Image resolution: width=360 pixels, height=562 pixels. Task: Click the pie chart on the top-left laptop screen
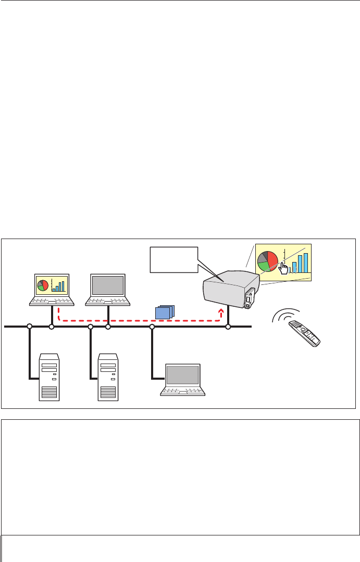click(43, 285)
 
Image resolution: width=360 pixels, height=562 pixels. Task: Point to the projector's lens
click(249, 302)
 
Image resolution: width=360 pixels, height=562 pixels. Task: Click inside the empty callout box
click(172, 259)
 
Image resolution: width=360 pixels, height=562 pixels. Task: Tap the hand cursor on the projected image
click(282, 268)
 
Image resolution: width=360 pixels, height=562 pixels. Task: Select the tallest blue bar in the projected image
click(306, 264)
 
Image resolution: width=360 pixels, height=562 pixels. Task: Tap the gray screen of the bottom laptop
click(182, 375)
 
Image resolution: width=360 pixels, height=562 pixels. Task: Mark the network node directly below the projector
click(228, 327)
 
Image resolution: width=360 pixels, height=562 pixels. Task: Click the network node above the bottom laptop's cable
click(152, 327)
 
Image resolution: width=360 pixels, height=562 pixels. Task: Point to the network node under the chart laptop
click(52, 327)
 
